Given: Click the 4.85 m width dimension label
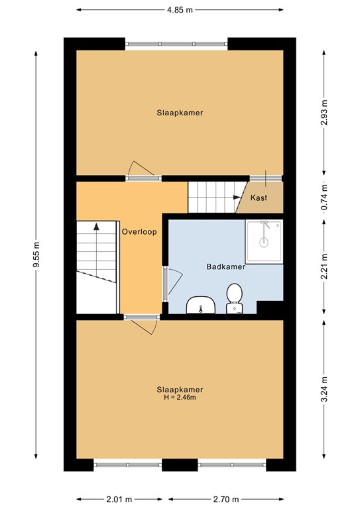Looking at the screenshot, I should point(180,10).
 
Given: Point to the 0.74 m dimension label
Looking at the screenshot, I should point(324,198).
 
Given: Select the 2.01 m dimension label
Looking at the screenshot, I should point(119,499).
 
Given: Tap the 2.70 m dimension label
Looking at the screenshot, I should point(225,499).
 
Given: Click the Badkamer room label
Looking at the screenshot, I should point(225,268).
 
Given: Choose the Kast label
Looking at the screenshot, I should point(259,198).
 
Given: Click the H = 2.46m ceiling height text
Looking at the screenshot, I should point(180,398).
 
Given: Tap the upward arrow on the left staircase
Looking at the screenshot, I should point(97,227).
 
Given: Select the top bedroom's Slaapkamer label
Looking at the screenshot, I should point(180,113).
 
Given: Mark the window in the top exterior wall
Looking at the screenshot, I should point(177,44).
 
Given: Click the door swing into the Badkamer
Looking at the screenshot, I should point(174,284).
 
